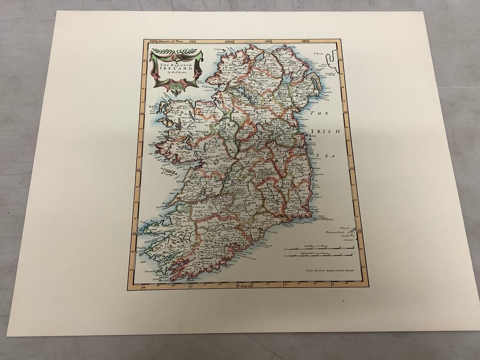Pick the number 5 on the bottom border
(x=190, y=286)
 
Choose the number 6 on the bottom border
(x=333, y=285)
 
